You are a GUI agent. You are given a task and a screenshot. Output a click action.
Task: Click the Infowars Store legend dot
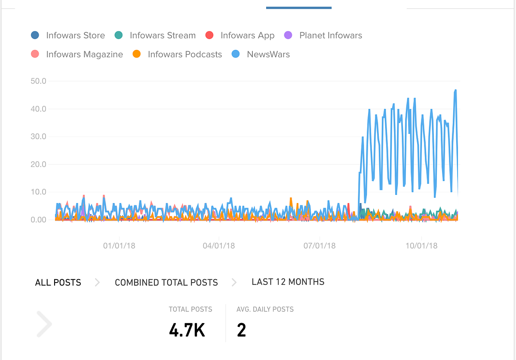35,35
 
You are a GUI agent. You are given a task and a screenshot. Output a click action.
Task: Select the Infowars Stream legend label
163,35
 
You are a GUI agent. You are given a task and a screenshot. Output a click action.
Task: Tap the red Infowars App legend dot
209,35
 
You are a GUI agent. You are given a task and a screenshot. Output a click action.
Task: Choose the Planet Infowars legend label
331,35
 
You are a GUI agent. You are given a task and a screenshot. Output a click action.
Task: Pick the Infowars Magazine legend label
84,54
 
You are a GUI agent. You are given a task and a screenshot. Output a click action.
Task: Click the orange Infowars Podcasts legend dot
137,54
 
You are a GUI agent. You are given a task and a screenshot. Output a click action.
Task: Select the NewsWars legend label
268,54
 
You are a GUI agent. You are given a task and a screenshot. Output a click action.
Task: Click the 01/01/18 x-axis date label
119,246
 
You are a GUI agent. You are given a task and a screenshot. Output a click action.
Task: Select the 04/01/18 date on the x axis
219,246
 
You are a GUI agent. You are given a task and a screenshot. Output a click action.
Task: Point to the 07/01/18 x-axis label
319,246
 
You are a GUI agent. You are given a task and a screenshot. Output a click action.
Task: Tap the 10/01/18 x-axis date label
421,246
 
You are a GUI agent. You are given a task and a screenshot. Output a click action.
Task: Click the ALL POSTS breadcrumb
58,283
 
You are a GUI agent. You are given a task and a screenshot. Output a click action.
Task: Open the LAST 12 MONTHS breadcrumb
288,282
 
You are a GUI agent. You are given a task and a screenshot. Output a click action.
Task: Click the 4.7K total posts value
187,330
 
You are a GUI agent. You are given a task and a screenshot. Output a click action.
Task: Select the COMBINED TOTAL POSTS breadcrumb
166,283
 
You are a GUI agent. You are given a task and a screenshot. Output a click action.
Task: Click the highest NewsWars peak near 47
455,90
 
